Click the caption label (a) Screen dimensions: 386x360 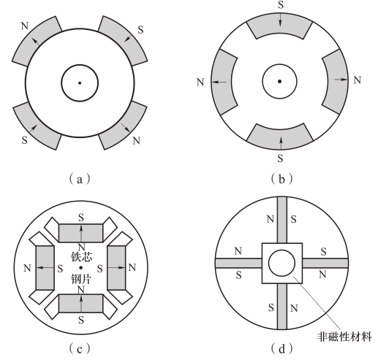click(79, 179)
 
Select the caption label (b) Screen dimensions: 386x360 click(281, 179)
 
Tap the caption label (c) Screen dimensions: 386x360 click(79, 348)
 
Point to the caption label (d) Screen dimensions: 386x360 click(281, 348)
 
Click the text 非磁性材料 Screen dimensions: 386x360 click(344, 337)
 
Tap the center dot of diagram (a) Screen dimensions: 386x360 click(80, 83)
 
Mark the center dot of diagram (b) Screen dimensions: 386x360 click(279, 81)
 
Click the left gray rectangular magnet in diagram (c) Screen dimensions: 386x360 click(45, 268)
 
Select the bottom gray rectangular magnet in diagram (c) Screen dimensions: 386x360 click(80, 304)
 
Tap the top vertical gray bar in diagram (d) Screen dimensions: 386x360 click(282, 220)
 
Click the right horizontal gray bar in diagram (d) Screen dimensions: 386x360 click(325, 263)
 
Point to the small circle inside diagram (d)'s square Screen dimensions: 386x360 click(281, 263)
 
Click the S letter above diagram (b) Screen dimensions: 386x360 click(281, 5)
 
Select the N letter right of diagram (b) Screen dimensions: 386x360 click(357, 80)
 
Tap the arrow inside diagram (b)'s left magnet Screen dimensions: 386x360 click(219, 82)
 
